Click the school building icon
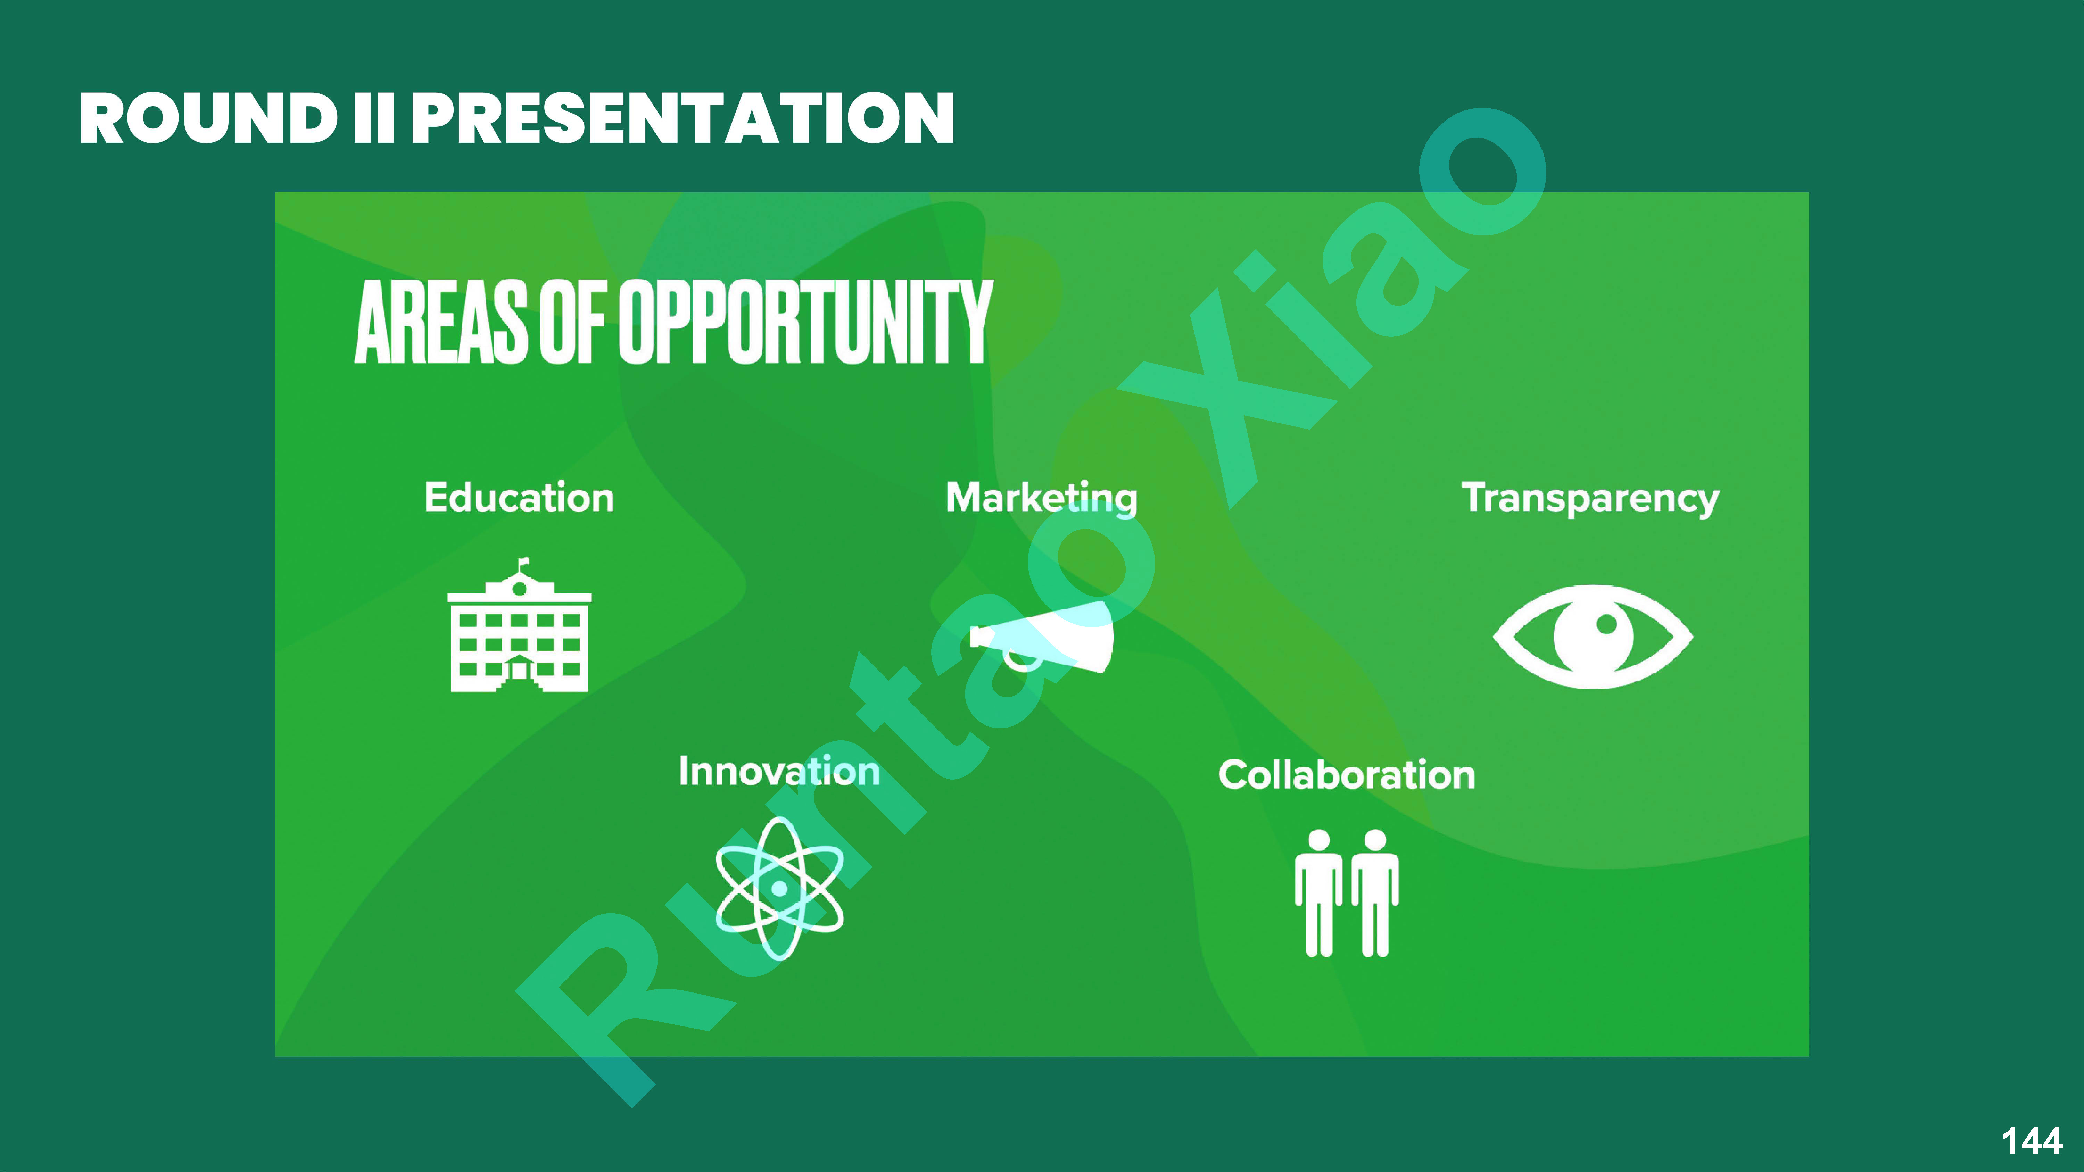519,635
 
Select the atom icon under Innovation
779,888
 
